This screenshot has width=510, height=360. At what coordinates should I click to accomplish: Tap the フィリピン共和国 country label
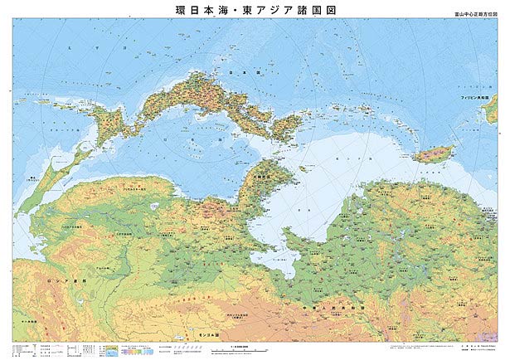point(478,98)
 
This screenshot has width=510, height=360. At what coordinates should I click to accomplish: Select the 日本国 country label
point(240,73)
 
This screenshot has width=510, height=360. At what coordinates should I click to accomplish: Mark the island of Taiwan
point(434,154)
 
